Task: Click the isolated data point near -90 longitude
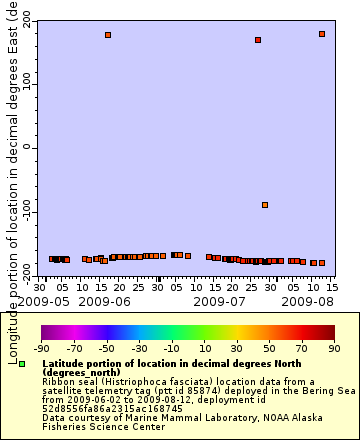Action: coord(265,205)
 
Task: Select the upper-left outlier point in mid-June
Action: coord(108,35)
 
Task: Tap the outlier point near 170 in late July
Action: coord(258,40)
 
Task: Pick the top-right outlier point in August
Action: coord(322,34)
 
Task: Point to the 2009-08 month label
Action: coord(310,301)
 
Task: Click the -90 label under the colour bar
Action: coord(41,348)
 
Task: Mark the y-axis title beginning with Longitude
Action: coord(9,150)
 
